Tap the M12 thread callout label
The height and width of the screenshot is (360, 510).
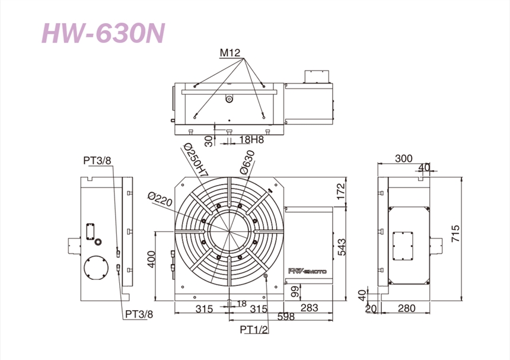coord(230,53)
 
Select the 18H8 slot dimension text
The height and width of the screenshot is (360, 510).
coord(251,140)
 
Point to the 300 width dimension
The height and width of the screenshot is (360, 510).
coord(404,159)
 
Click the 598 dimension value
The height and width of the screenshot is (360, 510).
coord(286,317)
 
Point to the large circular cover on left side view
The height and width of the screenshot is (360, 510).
coord(96,269)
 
